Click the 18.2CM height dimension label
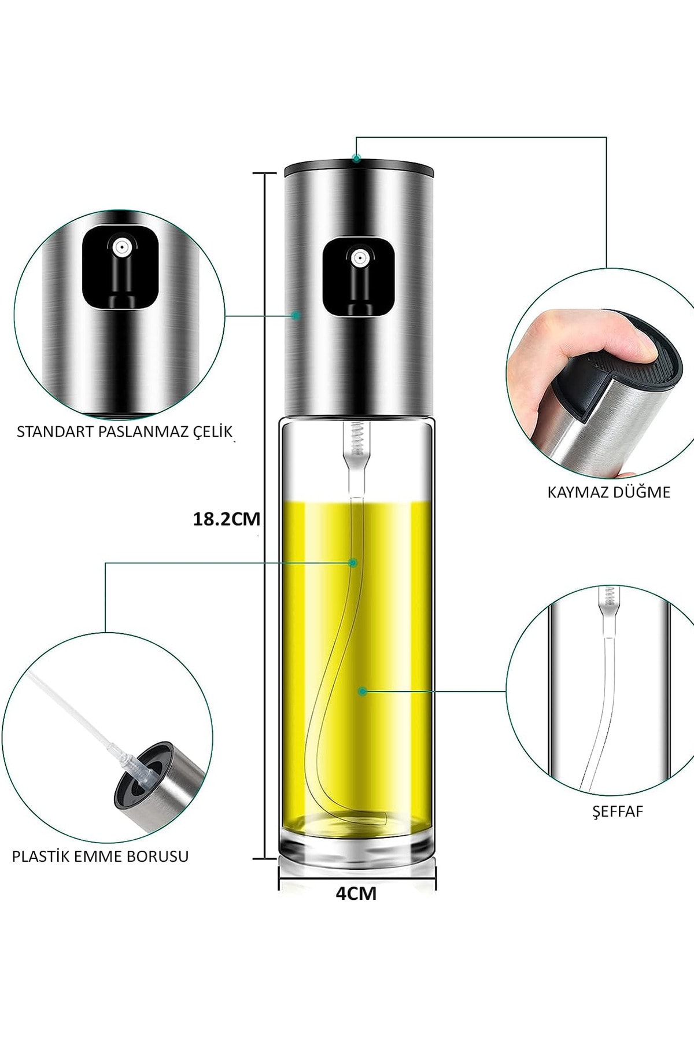[226, 519]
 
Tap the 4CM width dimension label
[356, 894]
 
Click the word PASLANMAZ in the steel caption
[142, 432]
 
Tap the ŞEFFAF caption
[618, 811]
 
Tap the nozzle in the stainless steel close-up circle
[120, 248]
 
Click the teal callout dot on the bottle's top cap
[357, 158]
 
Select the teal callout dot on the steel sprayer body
[296, 315]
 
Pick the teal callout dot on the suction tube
[353, 563]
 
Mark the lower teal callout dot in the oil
[362, 691]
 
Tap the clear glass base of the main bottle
[357, 847]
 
